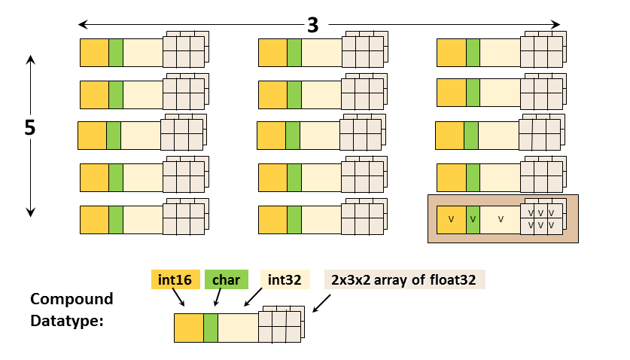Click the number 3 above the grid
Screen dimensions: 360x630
click(313, 25)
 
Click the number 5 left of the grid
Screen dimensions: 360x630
click(29, 128)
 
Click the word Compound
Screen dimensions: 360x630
click(72, 299)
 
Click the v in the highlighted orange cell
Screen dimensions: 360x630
click(451, 219)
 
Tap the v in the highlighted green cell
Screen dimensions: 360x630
click(473, 219)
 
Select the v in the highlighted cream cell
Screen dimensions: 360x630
click(501, 219)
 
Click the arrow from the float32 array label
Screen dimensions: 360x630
click(321, 303)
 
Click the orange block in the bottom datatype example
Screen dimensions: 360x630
click(188, 329)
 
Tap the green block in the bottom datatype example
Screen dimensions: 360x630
click(211, 329)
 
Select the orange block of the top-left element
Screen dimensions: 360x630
click(94, 53)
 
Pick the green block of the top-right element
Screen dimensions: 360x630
click(473, 53)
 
